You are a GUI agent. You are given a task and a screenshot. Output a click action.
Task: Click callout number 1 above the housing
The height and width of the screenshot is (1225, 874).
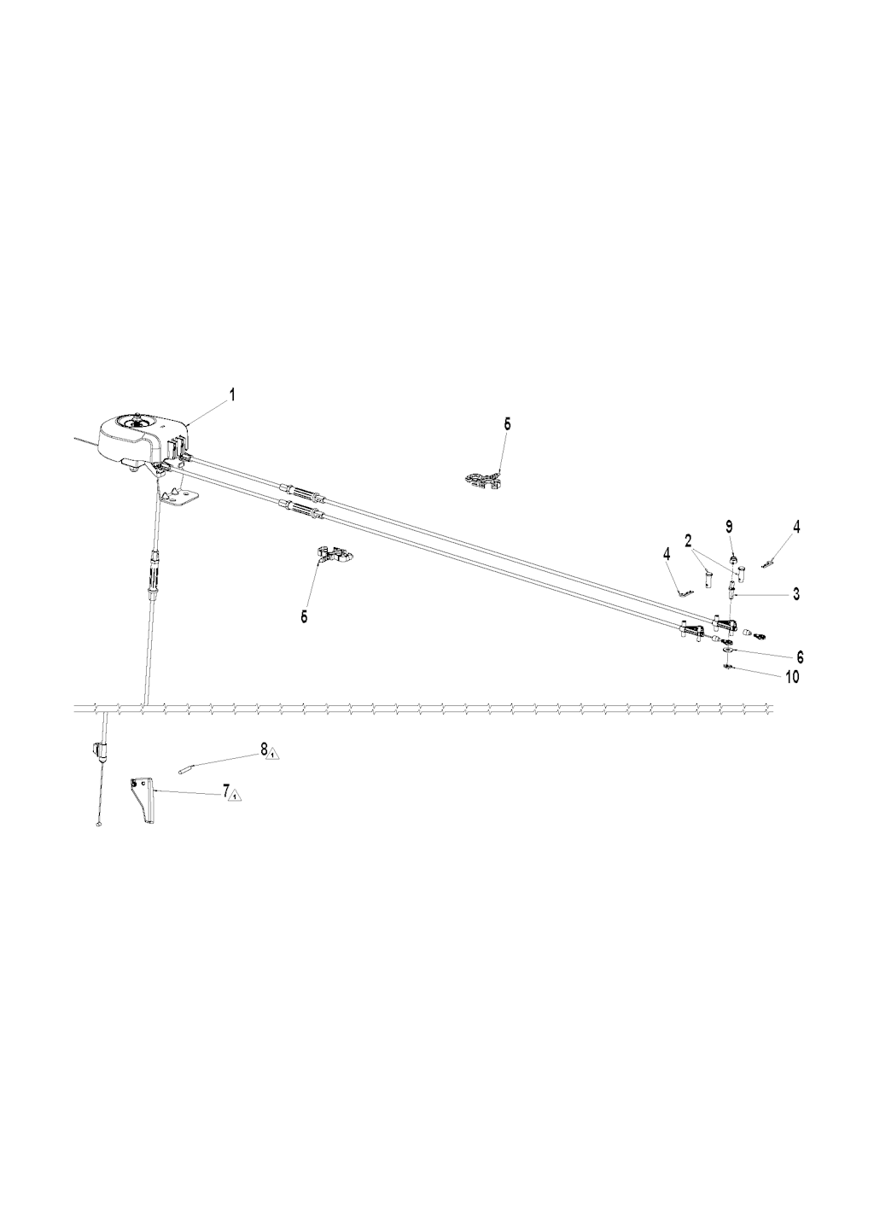(232, 395)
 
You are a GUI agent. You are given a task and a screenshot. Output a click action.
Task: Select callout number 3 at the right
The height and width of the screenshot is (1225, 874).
(795, 594)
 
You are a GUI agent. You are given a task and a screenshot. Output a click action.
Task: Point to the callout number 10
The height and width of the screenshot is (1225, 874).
(792, 677)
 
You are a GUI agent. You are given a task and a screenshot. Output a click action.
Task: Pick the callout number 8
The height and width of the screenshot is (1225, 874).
(265, 748)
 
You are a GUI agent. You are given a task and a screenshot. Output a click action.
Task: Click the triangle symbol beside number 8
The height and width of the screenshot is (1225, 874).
(272, 754)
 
